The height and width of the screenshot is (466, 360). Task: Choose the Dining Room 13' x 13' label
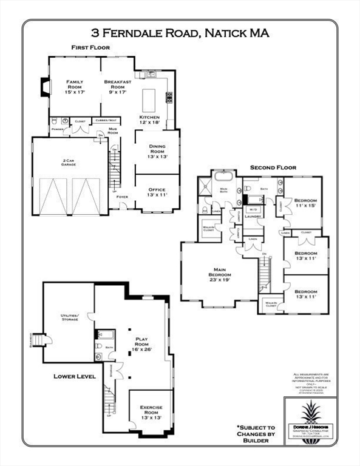pos(157,151)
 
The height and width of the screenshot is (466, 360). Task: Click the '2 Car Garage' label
pos(69,164)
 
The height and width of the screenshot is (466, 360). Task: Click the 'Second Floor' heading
pos(273,167)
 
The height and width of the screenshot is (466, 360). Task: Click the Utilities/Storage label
pos(69,317)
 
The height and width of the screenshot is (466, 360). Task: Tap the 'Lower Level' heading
pos(75,376)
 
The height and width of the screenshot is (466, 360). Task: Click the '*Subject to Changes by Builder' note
pos(256,436)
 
